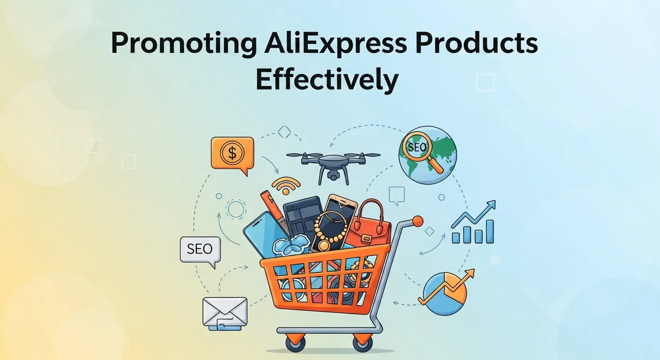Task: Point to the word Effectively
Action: [x=327, y=81]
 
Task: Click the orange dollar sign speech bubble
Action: [x=232, y=154]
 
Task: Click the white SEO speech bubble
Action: [x=200, y=249]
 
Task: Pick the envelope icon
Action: [x=225, y=311]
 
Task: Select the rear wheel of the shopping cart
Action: [x=362, y=344]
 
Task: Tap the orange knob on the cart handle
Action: [x=417, y=221]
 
